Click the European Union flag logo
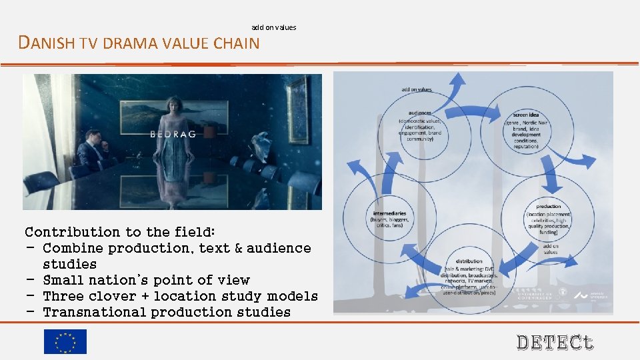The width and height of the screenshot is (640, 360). (x=65, y=341)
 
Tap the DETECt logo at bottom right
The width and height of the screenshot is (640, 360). (x=555, y=343)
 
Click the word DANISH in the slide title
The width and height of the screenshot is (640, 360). (x=47, y=44)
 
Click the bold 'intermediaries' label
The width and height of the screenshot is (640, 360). (x=389, y=213)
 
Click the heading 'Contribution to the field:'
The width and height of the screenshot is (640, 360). (x=120, y=232)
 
